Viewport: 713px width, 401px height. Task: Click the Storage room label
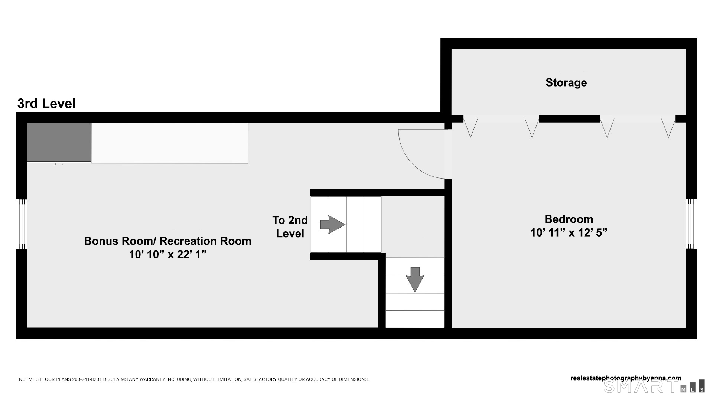[566, 82]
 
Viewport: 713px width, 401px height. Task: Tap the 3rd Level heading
[46, 104]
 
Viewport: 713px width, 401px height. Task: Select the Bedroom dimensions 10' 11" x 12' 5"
[569, 233]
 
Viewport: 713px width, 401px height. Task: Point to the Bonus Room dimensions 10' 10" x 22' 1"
[167, 255]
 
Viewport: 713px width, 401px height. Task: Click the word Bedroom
[569, 219]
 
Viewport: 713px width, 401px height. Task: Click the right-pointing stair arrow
[333, 225]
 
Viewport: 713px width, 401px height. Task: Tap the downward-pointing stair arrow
[415, 279]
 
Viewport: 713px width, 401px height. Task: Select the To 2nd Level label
[290, 227]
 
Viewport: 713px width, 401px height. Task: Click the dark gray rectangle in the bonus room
[59, 142]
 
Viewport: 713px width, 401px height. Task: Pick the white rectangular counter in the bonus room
[170, 143]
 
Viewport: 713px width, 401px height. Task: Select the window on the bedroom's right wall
[690, 224]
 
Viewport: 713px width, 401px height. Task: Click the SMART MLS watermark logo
[654, 386]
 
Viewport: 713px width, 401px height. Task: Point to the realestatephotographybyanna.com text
[626, 378]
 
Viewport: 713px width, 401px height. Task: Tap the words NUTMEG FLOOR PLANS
[45, 379]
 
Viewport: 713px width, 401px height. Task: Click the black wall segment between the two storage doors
[569, 119]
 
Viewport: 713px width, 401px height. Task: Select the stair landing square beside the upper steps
[413, 225]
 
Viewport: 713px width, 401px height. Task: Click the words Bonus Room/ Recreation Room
[167, 241]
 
